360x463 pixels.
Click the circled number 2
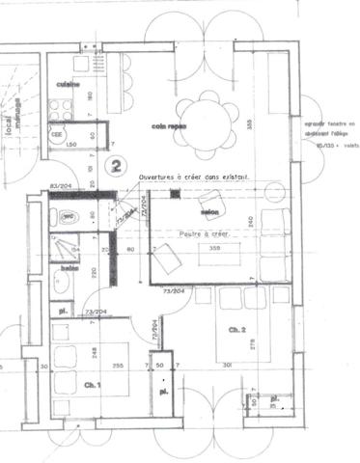tap(117, 166)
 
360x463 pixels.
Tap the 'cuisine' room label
tap(67, 85)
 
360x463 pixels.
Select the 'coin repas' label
tap(168, 126)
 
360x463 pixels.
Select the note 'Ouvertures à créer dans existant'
tap(195, 178)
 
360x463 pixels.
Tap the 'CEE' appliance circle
tap(57, 134)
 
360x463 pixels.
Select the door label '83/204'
tap(62, 186)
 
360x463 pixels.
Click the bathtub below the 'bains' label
tap(62, 289)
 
